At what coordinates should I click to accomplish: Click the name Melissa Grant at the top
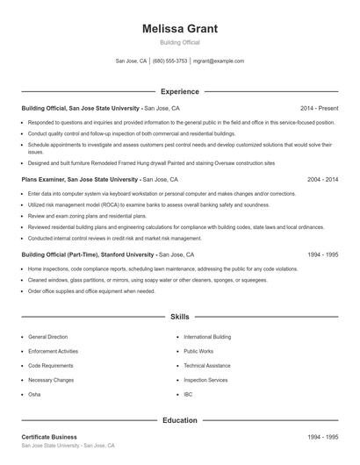click(180, 29)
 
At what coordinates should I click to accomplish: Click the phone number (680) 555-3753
click(170, 61)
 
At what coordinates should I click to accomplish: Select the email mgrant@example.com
click(219, 61)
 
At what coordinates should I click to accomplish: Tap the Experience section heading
click(180, 91)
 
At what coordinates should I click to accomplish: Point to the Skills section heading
click(180, 316)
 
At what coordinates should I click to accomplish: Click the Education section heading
click(180, 420)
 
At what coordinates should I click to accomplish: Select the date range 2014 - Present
click(319, 108)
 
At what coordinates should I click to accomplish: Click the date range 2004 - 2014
click(322, 179)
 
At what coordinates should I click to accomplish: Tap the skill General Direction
click(47, 337)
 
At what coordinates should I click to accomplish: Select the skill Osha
click(34, 395)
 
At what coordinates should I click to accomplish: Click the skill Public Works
click(198, 351)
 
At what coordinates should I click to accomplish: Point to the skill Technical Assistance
click(207, 366)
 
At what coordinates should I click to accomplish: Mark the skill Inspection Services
click(205, 380)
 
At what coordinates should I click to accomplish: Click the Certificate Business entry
click(49, 437)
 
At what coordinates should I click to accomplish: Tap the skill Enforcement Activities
click(53, 351)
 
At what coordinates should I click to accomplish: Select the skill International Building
click(207, 337)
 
